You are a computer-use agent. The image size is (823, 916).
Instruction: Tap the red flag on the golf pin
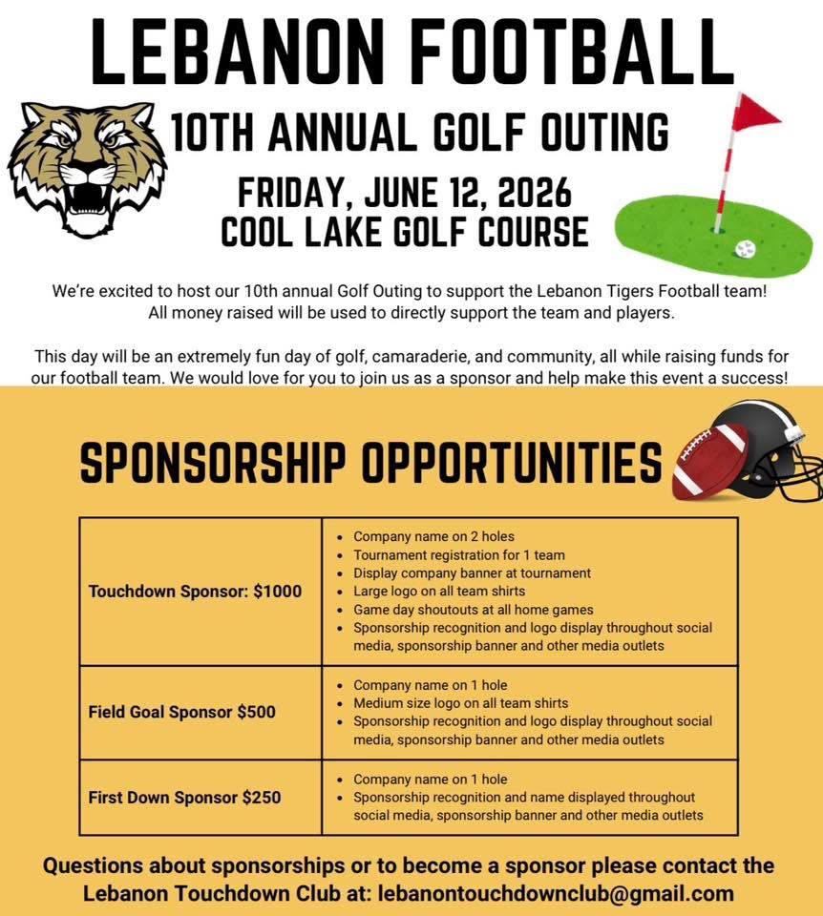point(754,115)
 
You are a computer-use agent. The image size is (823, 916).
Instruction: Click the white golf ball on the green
point(745,248)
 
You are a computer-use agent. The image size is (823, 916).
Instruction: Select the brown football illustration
point(708,462)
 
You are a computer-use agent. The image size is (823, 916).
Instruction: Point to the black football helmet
point(773,448)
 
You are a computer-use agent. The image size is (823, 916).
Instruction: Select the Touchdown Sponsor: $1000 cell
point(195,592)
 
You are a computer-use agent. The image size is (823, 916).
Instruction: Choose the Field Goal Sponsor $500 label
point(181,712)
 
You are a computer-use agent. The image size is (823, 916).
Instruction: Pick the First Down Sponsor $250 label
point(184,797)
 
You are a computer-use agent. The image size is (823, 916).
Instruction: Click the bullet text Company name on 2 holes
point(433,536)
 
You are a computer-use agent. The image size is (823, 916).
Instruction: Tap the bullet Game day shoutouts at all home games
point(473,609)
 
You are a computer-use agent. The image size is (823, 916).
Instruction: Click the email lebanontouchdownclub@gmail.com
point(557,894)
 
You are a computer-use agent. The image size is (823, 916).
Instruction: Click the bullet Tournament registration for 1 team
point(458,554)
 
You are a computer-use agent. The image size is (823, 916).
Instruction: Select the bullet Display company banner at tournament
point(472,572)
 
